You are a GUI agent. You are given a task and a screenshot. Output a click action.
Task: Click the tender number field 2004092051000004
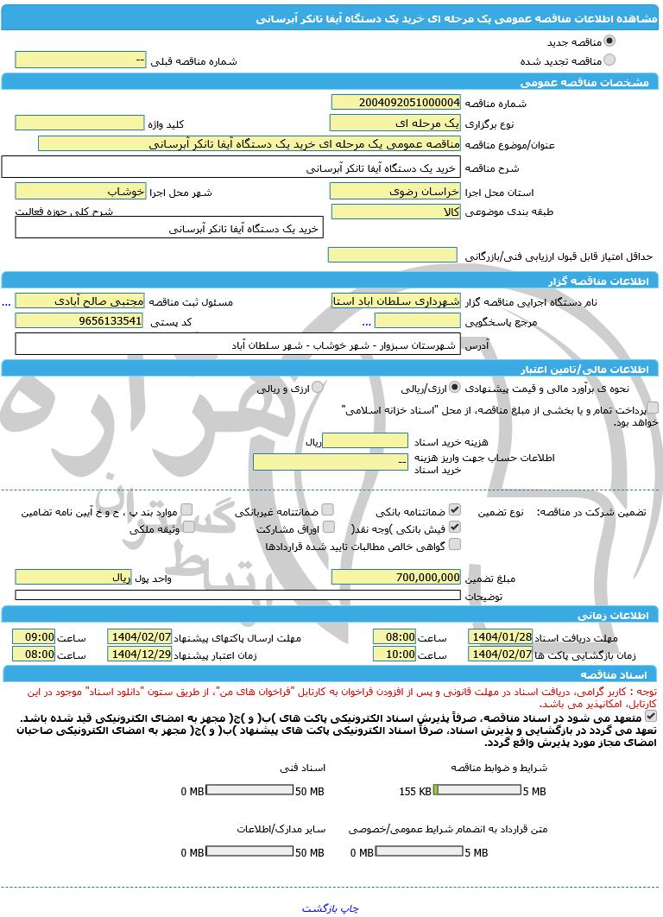(395, 103)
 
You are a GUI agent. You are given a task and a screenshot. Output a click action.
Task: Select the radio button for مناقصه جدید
(609, 41)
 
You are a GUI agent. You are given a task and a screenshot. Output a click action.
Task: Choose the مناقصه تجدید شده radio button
(609, 60)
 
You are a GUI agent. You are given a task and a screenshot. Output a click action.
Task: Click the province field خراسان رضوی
(395, 192)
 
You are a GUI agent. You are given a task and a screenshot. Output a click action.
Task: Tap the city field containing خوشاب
(79, 192)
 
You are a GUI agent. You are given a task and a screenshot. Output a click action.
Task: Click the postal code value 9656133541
(79, 321)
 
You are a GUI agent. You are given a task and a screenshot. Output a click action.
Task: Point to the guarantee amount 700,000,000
(395, 577)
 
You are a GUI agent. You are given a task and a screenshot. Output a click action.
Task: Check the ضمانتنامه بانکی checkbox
(455, 510)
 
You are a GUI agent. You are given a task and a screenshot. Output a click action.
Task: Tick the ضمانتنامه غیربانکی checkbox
(328, 510)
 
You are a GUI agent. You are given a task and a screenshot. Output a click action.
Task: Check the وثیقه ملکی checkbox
(186, 528)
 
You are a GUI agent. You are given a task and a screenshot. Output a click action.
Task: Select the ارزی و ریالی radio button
(317, 388)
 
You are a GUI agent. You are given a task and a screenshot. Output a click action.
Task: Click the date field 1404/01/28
(500, 636)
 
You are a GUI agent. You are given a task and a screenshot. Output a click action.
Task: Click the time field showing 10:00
(395, 655)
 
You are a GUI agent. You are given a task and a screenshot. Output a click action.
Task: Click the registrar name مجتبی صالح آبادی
(79, 300)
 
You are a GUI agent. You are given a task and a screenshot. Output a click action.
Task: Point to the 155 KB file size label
(415, 791)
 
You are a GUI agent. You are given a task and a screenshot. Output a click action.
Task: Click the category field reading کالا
(395, 212)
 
